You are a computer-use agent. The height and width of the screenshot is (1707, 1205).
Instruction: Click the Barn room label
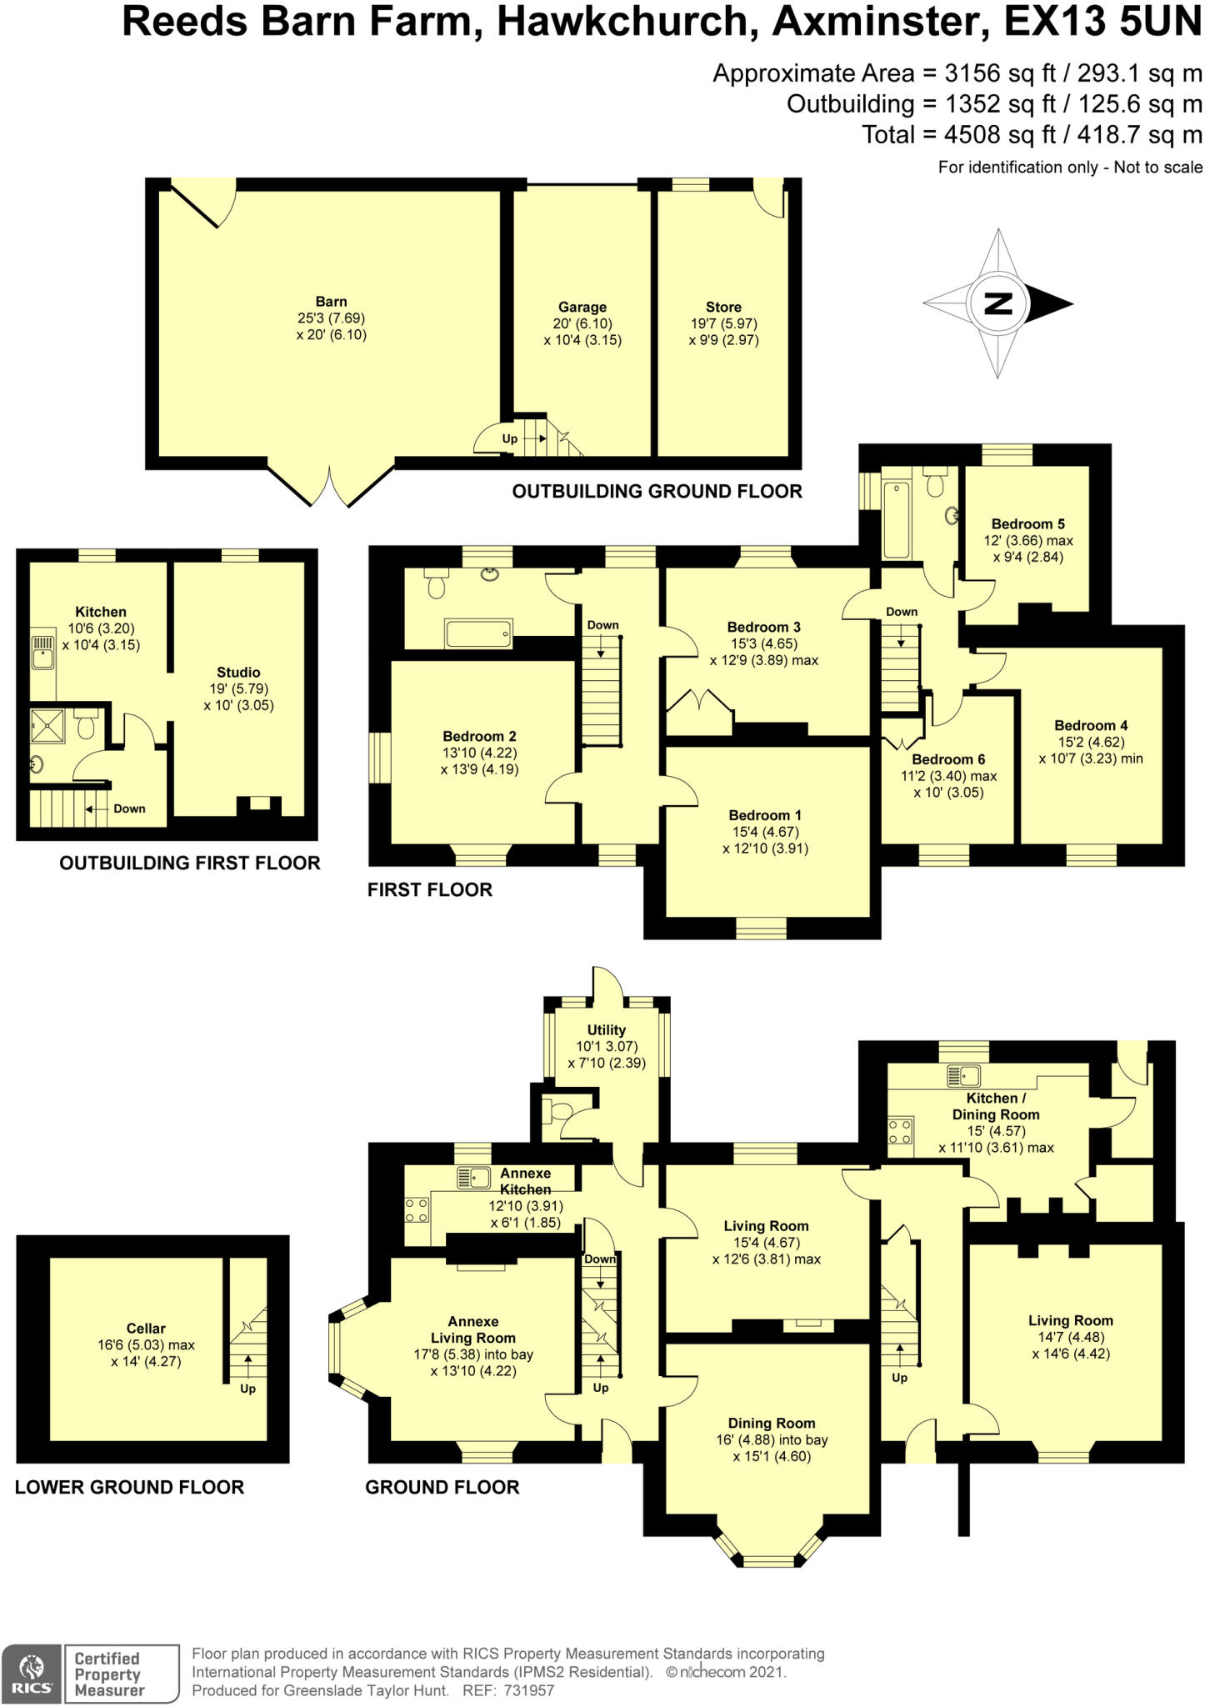click(x=331, y=302)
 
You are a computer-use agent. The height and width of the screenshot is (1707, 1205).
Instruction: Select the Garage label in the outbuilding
click(x=582, y=307)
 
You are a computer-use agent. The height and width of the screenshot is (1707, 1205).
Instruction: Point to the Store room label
click(x=722, y=307)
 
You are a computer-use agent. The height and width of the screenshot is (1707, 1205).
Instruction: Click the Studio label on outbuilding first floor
click(x=238, y=672)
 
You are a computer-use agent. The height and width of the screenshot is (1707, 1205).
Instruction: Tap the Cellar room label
click(x=146, y=1329)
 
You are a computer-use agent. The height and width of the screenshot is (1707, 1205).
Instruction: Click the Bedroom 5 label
click(x=1027, y=524)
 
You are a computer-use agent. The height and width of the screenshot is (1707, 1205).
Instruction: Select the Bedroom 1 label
click(x=765, y=815)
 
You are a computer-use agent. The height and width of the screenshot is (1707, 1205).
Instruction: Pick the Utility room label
click(x=606, y=1030)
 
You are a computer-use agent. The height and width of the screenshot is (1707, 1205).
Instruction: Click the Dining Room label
click(x=771, y=1424)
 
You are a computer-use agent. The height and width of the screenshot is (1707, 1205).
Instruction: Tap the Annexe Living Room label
click(x=472, y=1329)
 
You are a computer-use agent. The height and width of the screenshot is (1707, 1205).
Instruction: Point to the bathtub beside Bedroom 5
click(x=897, y=518)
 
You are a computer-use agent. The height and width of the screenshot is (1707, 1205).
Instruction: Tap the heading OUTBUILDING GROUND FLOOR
click(x=657, y=492)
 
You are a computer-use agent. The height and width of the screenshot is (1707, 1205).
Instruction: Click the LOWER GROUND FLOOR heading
click(x=129, y=1488)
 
